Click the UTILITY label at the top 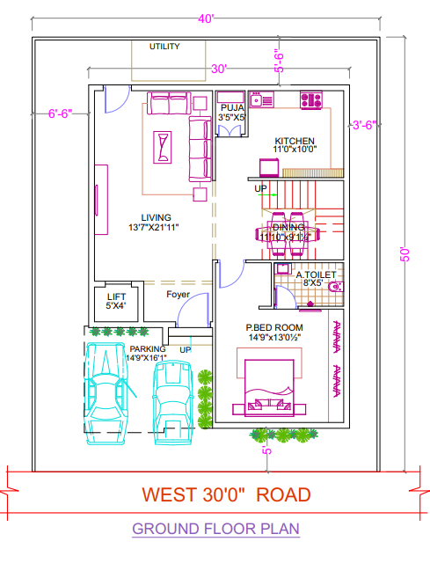tap(164, 46)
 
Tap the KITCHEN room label tap(294, 141)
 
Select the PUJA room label tap(232, 108)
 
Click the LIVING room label tap(156, 217)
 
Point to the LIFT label tap(116, 297)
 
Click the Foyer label tap(179, 295)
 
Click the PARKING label tap(148, 349)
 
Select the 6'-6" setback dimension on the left tap(61, 113)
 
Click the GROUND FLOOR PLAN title tap(215, 529)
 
